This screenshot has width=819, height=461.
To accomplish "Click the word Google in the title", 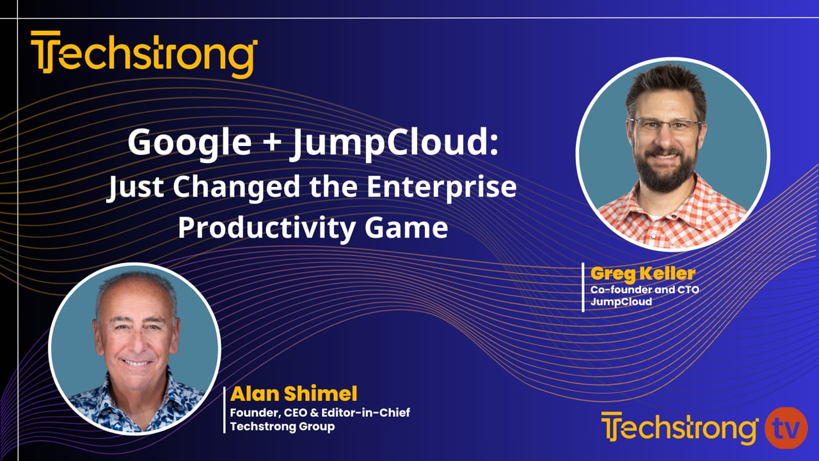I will click(x=189, y=143).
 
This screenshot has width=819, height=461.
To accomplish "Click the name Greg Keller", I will click(x=642, y=273).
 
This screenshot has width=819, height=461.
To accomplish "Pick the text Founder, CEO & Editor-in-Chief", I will click(x=320, y=412).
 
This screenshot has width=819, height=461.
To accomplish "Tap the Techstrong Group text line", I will click(x=282, y=426).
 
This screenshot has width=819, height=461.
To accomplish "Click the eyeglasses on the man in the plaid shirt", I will click(x=665, y=125).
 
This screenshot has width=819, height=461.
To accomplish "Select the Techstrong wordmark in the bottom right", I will click(x=680, y=428).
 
